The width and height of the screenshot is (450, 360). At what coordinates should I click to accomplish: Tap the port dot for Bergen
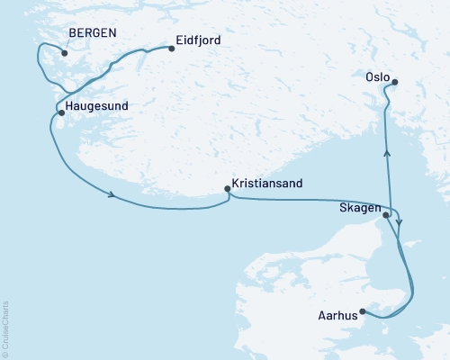click(65, 52)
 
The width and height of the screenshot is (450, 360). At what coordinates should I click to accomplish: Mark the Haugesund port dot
click(60, 113)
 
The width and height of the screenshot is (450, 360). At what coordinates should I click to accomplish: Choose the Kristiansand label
click(266, 183)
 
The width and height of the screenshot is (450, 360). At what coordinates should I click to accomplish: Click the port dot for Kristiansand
click(227, 189)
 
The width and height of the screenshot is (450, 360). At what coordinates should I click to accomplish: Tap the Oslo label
click(378, 76)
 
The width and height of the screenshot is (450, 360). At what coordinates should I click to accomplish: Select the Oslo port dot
click(394, 83)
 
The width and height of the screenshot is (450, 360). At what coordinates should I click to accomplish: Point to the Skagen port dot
click(386, 215)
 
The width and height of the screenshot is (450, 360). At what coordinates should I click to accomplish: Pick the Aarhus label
click(337, 316)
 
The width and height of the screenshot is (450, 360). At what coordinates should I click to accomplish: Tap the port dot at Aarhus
click(362, 311)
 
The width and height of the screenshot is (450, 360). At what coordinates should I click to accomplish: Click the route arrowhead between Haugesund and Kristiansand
click(110, 196)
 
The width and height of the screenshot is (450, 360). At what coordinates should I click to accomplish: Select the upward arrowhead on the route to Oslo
click(388, 154)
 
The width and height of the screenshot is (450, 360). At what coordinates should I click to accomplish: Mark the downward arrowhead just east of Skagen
click(400, 219)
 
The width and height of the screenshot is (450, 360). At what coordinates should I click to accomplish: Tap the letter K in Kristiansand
click(236, 183)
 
